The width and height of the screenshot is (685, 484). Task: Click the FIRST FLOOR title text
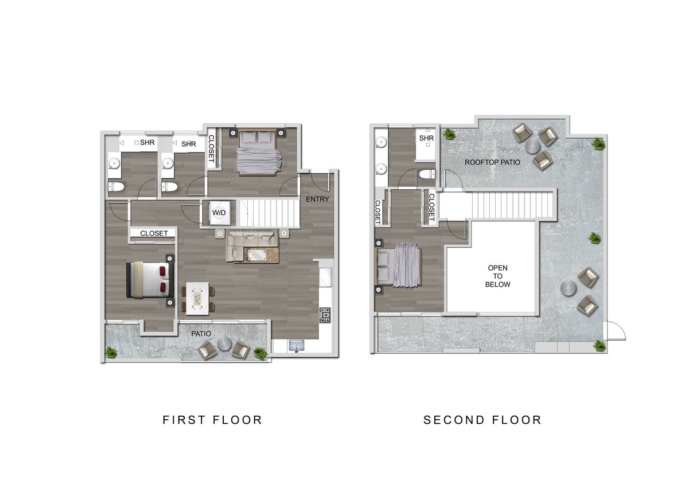tap(212, 420)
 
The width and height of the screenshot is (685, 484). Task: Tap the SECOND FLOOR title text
tap(482, 420)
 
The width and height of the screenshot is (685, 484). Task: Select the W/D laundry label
tap(219, 213)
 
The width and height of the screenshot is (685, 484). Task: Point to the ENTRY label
tap(317, 199)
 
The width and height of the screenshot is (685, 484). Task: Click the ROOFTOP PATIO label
tap(492, 162)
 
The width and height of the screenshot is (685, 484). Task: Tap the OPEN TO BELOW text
tap(497, 276)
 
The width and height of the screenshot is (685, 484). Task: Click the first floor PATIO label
tap(201, 333)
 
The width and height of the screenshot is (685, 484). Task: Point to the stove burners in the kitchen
tap(325, 315)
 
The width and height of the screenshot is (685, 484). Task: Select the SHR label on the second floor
tap(426, 138)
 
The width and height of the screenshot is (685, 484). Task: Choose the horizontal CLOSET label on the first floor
tap(154, 233)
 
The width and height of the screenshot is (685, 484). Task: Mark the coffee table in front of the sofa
tap(256, 255)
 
